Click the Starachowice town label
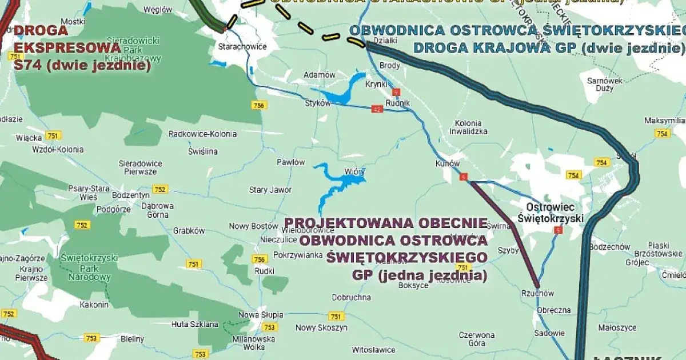tap(238, 46)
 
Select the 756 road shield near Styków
tap(259, 105)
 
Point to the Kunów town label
tap(447, 163)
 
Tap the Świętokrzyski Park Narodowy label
tap(89, 267)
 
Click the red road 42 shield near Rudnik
tap(376, 109)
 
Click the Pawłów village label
tap(291, 162)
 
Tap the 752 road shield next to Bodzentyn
tap(160, 189)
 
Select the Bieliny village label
tap(133, 339)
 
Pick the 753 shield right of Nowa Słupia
tap(269, 327)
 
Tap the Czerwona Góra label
tap(476, 339)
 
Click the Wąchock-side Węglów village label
tap(158, 9)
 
